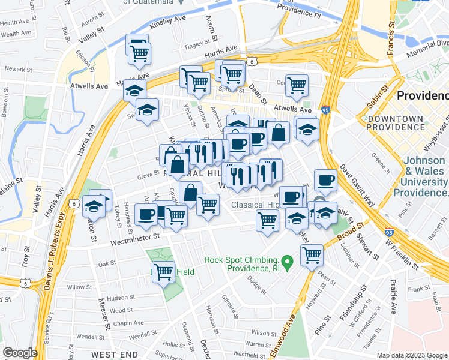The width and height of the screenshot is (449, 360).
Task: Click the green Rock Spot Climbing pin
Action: [288, 262]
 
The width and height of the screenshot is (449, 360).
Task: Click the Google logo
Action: [20, 352]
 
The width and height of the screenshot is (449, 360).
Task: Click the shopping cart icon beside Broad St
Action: [312, 256]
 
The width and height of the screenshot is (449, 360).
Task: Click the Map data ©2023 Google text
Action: [411, 355]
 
